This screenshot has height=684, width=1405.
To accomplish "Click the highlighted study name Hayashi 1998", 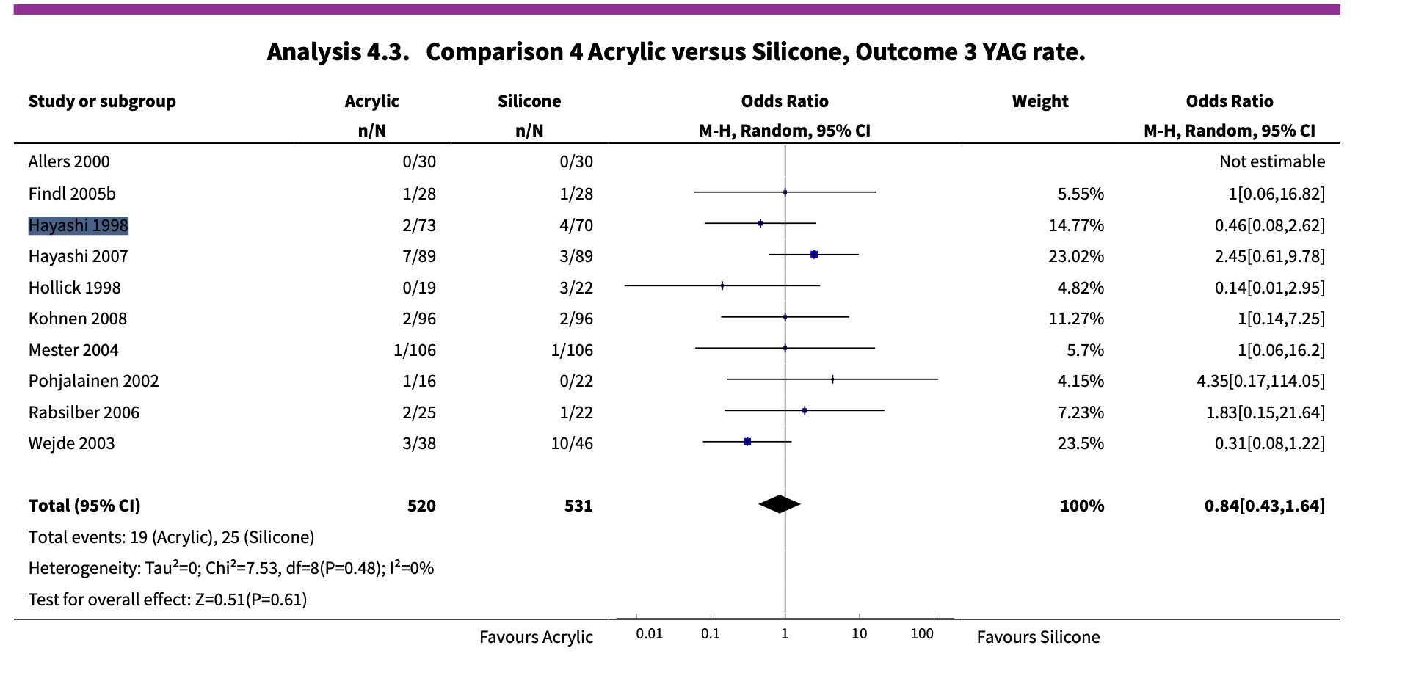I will point(79,225).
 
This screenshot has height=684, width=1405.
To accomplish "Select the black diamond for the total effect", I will point(779,504).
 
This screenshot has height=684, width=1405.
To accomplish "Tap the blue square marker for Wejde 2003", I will point(747,442).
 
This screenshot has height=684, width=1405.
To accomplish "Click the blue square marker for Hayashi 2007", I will point(813,255).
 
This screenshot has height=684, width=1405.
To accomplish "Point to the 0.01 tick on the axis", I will point(649,633).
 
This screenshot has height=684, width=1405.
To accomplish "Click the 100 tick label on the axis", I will point(922,633).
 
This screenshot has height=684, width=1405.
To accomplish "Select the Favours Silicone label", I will point(1037,637).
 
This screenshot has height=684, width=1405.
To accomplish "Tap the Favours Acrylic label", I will point(536,637).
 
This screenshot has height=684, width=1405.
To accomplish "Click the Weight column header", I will point(1039,101).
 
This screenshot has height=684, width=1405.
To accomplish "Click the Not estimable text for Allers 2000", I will point(1271,161).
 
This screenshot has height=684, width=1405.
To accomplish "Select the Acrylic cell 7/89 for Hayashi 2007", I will point(418,256).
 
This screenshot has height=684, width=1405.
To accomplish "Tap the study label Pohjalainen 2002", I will point(93,381).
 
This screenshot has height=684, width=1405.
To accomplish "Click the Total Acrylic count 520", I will point(421,506).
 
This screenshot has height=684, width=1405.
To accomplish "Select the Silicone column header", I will point(529,101).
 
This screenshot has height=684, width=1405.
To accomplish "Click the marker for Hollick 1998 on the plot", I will point(722,286).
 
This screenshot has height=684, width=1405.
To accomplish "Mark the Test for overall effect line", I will point(167,600).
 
